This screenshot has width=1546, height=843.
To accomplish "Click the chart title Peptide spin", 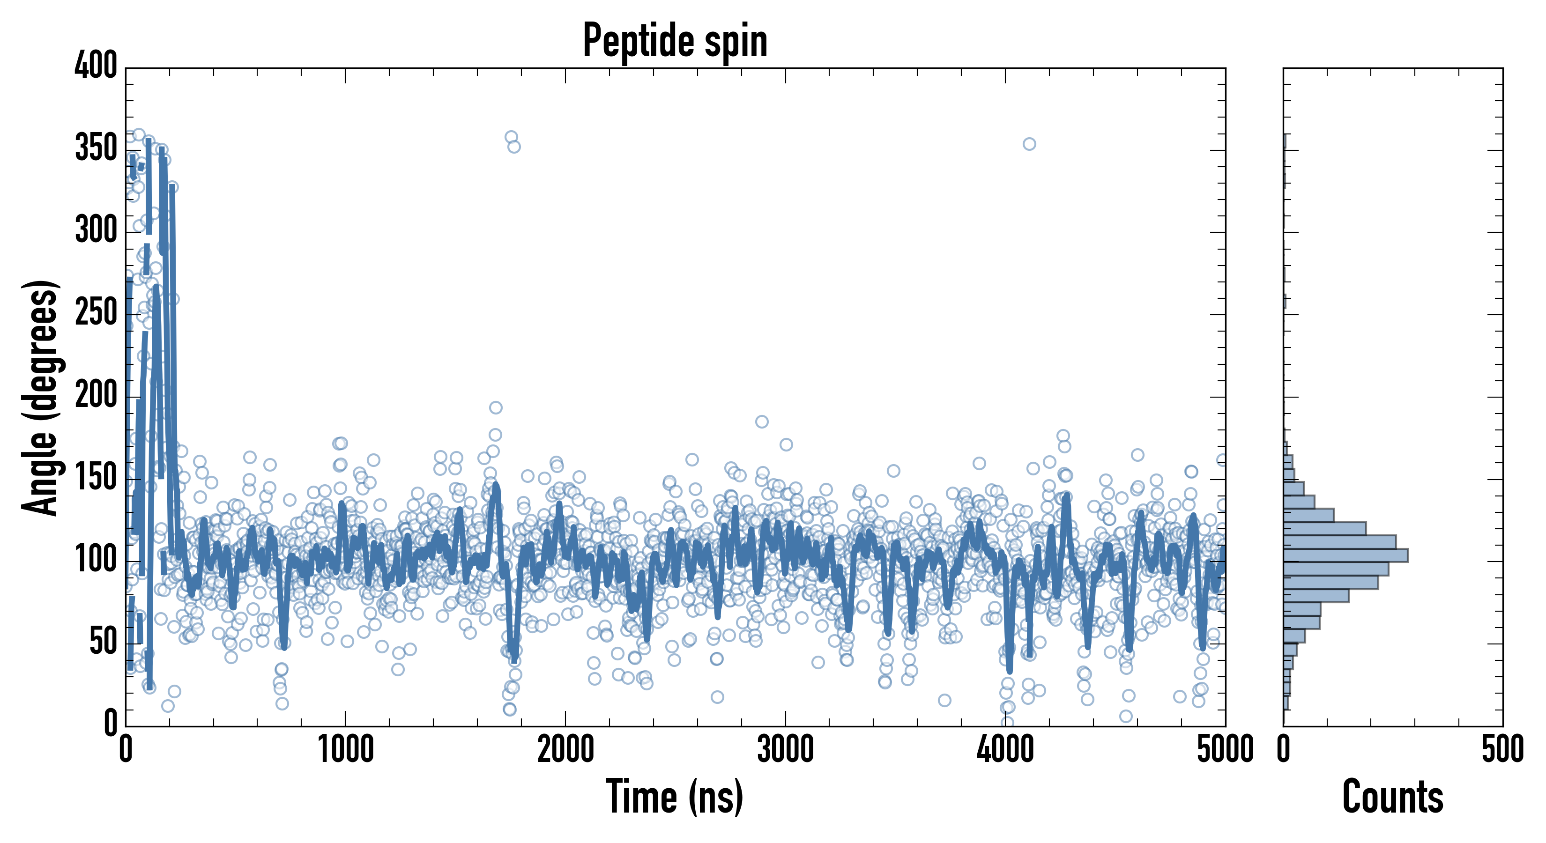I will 675,41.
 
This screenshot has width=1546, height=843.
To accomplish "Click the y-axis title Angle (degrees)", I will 40,397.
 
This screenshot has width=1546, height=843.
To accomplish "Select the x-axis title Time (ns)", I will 675,797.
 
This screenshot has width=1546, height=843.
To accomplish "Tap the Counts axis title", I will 1392,797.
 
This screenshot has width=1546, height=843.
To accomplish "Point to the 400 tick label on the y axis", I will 96,66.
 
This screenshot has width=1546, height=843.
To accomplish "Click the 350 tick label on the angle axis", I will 96,148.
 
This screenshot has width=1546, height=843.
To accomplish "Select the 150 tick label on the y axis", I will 96,478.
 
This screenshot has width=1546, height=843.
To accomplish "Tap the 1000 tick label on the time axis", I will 346,750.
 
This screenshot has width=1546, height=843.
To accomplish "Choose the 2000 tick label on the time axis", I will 565,750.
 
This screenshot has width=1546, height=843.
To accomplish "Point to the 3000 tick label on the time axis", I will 785,750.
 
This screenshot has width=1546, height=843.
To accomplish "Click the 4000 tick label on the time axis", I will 1005,750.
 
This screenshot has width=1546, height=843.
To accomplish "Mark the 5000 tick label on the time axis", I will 1225,750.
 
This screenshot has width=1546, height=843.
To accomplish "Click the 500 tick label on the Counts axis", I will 1502,750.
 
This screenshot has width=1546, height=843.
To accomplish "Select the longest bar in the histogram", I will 1345,555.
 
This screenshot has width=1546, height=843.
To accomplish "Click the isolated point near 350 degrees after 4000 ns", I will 1029,144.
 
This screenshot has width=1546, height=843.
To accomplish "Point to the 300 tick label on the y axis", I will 96,230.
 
